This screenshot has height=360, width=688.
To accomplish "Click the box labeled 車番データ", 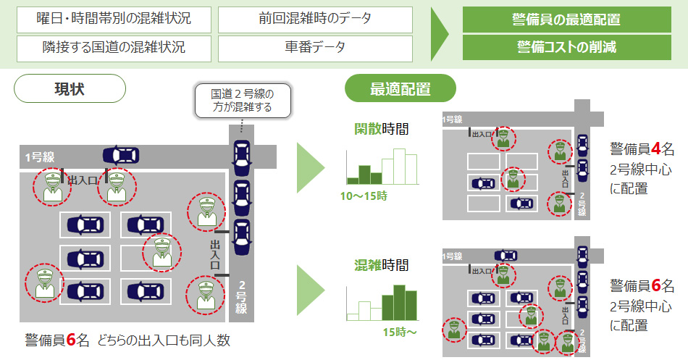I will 315,49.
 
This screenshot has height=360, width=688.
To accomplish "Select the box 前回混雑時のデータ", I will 315,20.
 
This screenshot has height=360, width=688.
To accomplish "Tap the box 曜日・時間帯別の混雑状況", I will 113,20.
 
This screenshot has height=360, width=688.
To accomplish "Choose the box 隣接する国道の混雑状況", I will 113,49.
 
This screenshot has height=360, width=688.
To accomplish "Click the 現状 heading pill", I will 70,89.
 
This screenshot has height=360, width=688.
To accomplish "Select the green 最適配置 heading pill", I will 400,89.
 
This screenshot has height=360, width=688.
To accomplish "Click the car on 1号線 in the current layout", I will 121,155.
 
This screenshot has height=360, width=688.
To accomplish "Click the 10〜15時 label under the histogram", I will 364,196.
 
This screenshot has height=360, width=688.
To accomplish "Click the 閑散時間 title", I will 381,130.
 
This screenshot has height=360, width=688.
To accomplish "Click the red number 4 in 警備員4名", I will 655,150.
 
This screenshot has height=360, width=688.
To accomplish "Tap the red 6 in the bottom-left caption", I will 71,340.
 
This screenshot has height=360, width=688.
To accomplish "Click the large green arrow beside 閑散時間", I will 311,167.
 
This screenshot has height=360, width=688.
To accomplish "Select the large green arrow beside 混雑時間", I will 311,290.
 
